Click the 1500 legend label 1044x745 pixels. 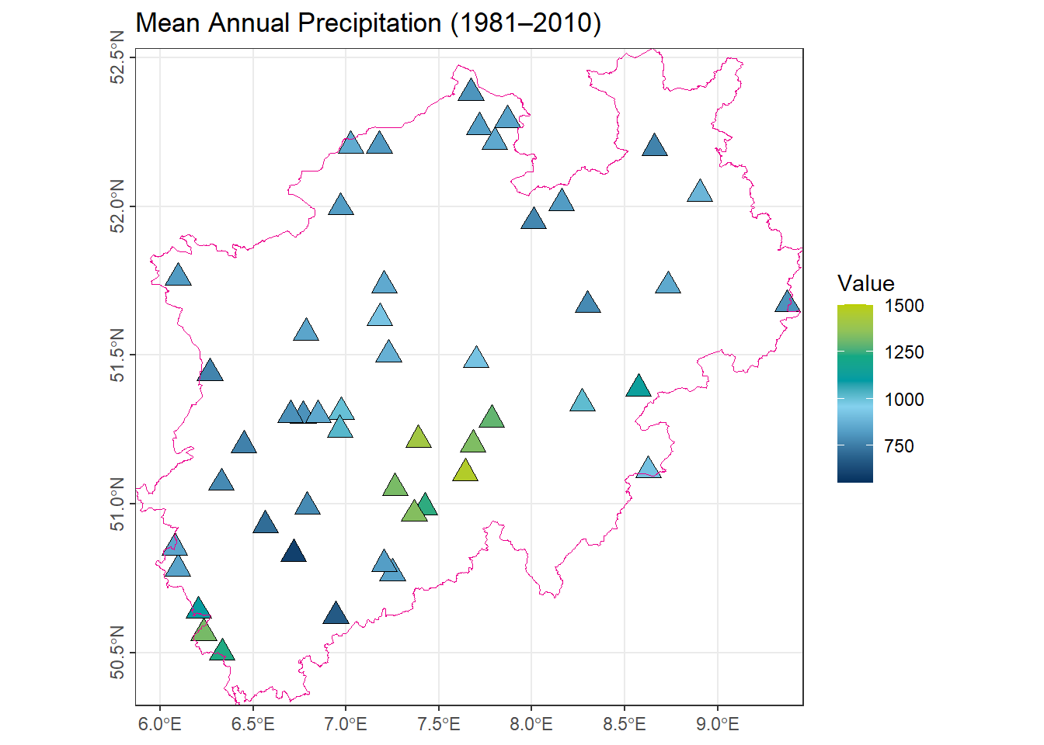click(904, 306)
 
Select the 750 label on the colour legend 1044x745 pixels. click(899, 446)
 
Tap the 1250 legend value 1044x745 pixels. click(904, 352)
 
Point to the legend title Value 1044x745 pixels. click(865, 283)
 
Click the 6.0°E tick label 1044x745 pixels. click(160, 725)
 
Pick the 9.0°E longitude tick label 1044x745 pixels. click(717, 725)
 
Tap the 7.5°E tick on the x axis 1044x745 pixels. click(439, 725)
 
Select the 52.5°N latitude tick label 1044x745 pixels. click(117, 57)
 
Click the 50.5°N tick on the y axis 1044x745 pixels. click(117, 653)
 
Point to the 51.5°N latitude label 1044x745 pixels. click(117, 355)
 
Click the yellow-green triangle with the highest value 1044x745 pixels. click(465, 471)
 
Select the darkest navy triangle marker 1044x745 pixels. click(293, 552)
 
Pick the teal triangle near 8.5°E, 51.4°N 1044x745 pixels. click(638, 386)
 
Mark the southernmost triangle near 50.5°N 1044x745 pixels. click(222, 650)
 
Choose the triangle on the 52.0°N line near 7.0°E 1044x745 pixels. click(341, 206)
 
